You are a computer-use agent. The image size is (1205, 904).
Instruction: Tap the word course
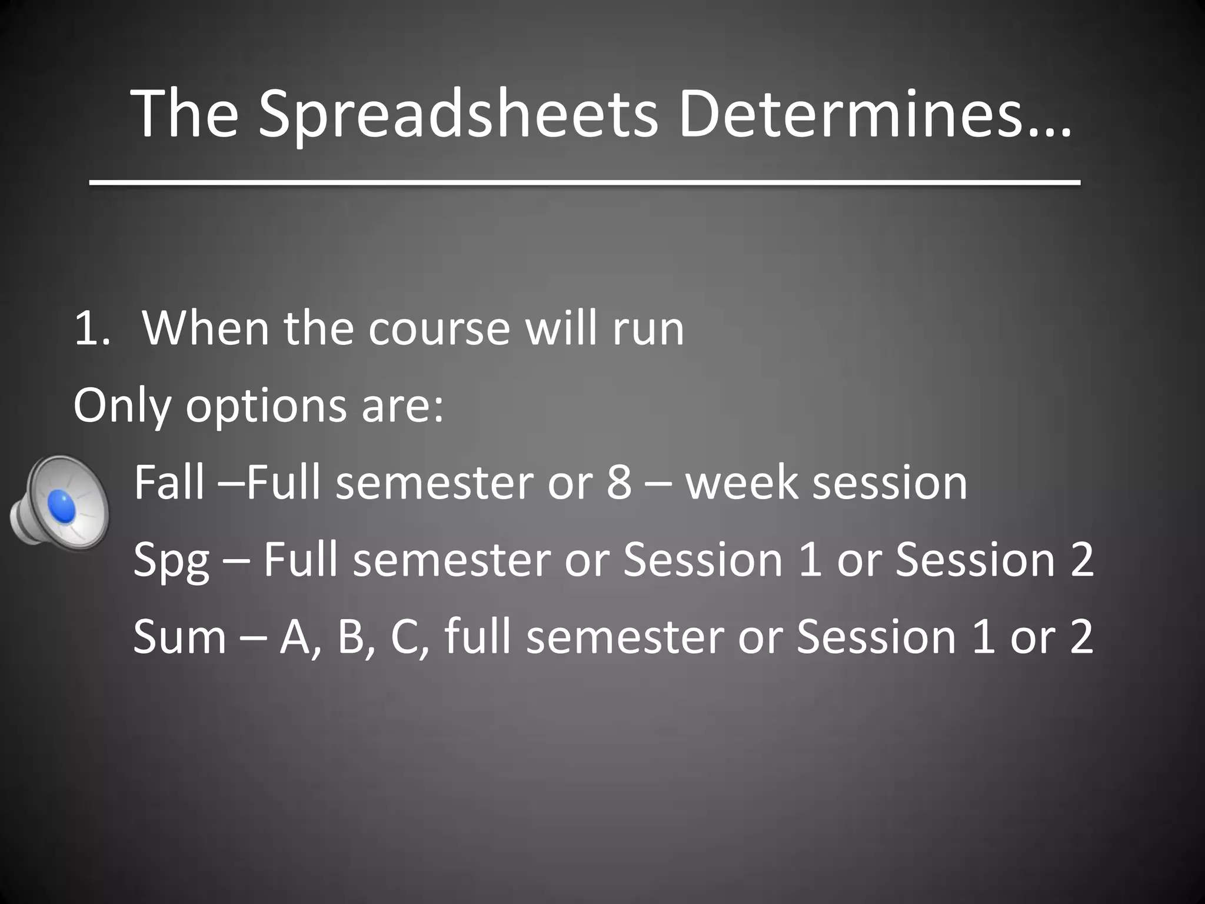tap(439, 330)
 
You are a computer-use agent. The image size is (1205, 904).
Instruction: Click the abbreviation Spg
tap(171, 561)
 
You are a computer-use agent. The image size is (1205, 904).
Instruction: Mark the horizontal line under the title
tap(585, 184)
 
